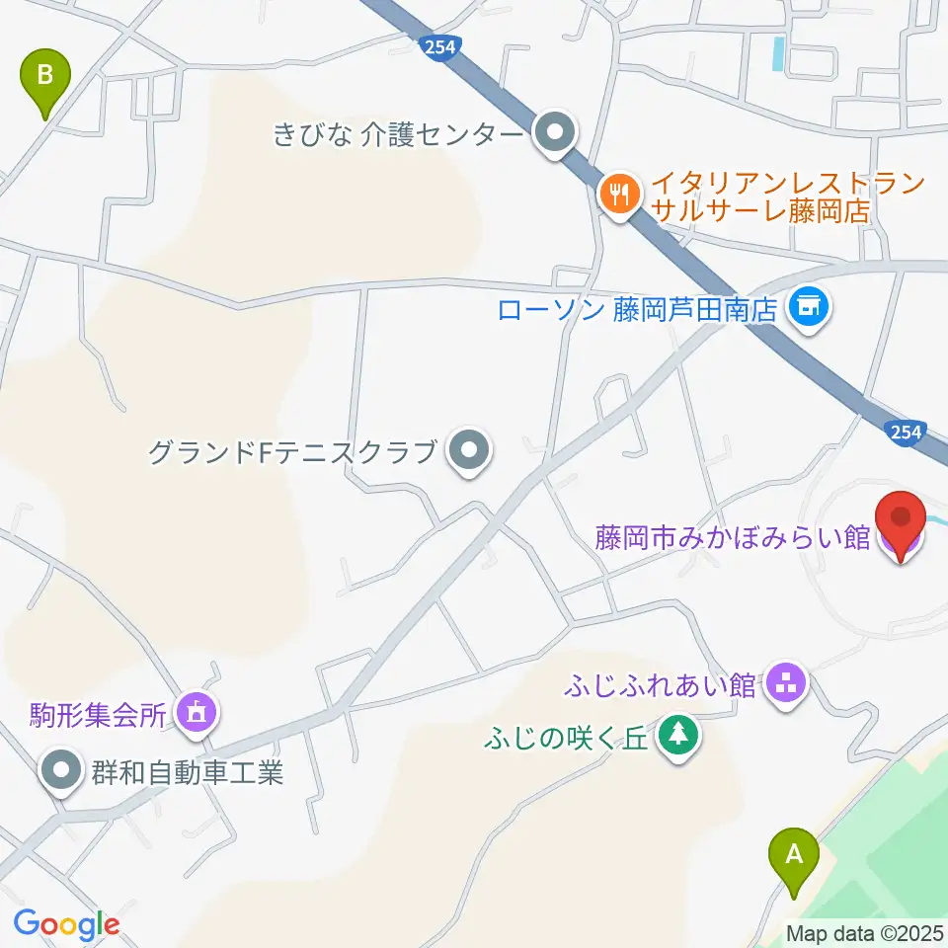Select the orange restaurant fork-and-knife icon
(619, 194)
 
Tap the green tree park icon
(677, 736)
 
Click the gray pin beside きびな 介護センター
(554, 133)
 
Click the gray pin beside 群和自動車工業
(62, 770)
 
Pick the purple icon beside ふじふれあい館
(786, 683)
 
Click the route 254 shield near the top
(434, 45)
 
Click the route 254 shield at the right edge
(905, 432)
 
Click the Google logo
(66, 925)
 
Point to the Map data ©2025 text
(863, 933)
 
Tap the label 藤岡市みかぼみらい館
(732, 538)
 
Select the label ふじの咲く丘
(566, 738)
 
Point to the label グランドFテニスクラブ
(292, 453)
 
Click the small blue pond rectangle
(780, 53)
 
